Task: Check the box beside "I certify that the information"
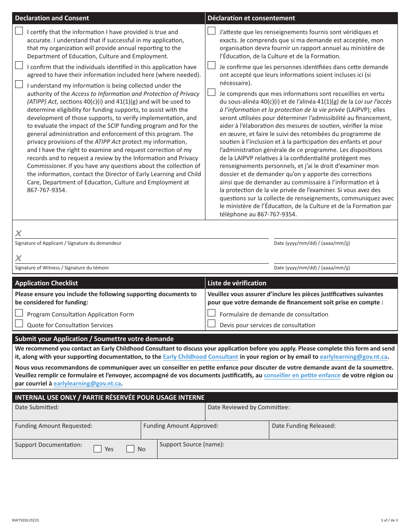pyautogui.click(x=19, y=31)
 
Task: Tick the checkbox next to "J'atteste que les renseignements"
pyautogui.click(x=211, y=31)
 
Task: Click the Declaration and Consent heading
pyautogui.click(x=52, y=18)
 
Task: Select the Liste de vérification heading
pyautogui.click(x=237, y=283)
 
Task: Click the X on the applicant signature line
pyautogui.click(x=19, y=234)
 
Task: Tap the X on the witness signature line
pyautogui.click(x=19, y=258)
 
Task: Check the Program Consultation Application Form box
pyautogui.click(x=19, y=313)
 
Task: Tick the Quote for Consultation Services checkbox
pyautogui.click(x=19, y=323)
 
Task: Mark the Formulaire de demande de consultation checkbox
pyautogui.click(x=211, y=313)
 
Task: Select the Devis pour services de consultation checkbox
pyautogui.click(x=211, y=323)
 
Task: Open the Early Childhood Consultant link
pyautogui.click(x=200, y=357)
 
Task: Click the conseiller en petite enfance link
pyautogui.click(x=302, y=376)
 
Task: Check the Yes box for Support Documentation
pyautogui.click(x=98, y=449)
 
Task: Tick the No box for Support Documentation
pyautogui.click(x=130, y=449)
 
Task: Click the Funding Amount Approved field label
pyautogui.click(x=181, y=426)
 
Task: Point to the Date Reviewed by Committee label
pyautogui.click(x=249, y=407)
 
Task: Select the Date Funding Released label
pyautogui.click(x=303, y=426)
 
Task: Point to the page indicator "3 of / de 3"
pyautogui.click(x=389, y=521)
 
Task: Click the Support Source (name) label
pyautogui.click(x=192, y=444)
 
